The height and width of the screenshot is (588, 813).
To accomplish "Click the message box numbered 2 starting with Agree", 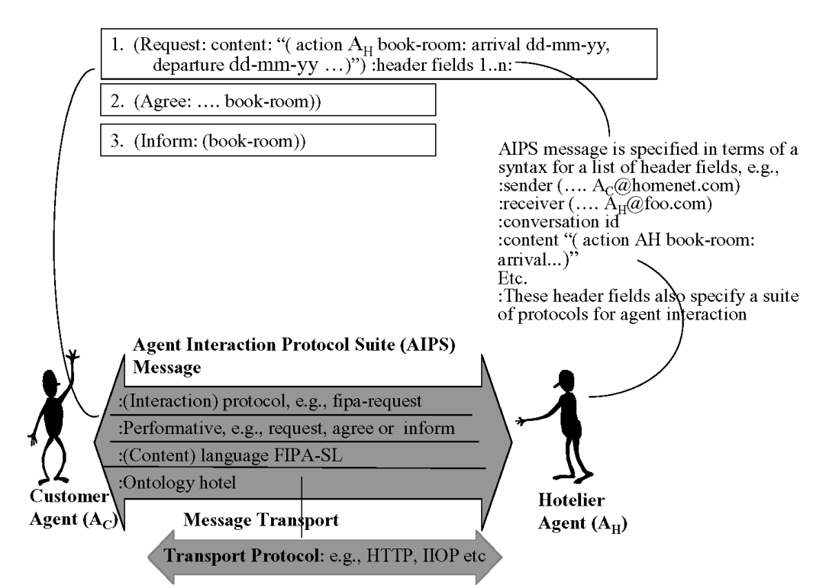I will click(x=267, y=101).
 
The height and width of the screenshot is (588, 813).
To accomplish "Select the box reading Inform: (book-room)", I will click(x=267, y=140).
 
